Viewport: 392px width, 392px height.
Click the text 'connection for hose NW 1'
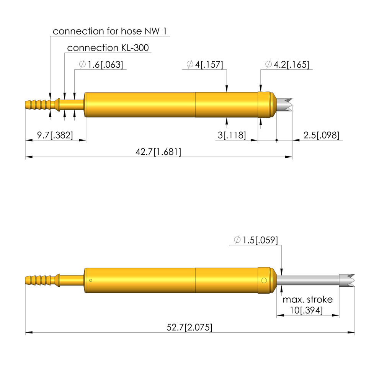pos(109,31)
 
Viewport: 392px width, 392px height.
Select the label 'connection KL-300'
pos(108,48)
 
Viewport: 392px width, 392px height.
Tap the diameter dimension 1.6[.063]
pos(101,64)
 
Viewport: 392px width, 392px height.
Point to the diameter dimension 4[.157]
pos(205,64)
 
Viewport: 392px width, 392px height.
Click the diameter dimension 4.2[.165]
pos(287,64)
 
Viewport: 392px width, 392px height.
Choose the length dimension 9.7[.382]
pos(55,135)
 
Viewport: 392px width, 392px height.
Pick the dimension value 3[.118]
pos(232,135)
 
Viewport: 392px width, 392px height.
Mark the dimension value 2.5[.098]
pos(322,135)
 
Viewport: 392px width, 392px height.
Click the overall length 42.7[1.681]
pos(158,152)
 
